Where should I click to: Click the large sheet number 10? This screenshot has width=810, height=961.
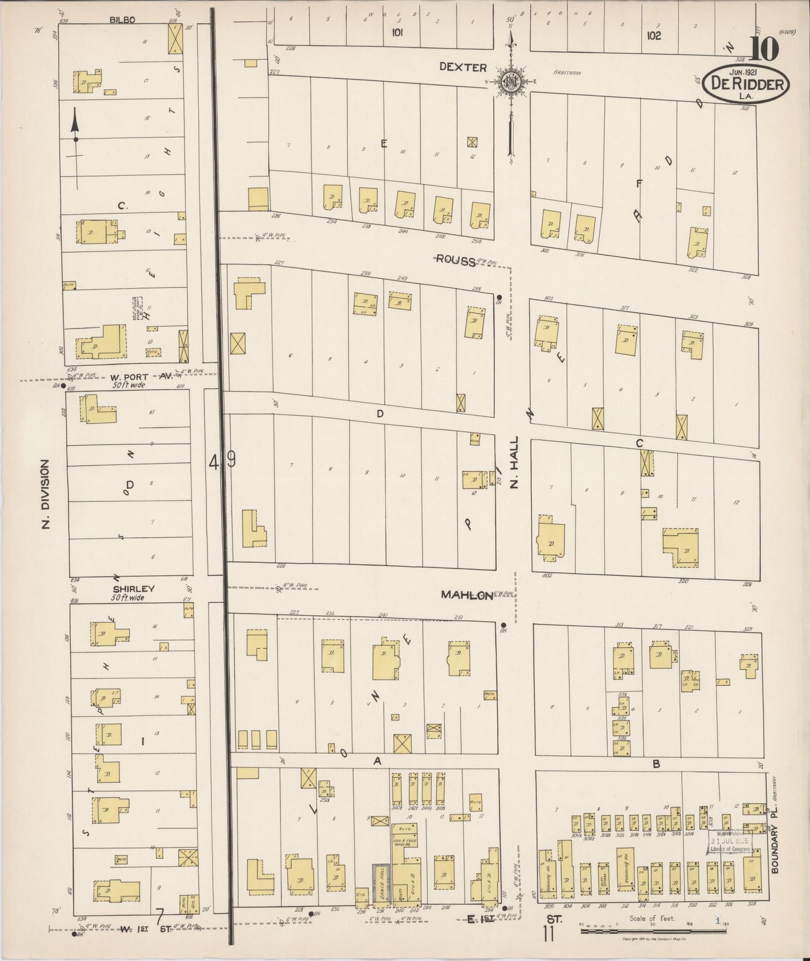[764, 50]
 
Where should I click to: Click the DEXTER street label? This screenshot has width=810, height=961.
[462, 67]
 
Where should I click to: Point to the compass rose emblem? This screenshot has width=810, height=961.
[511, 81]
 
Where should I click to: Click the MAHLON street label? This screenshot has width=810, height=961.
[466, 595]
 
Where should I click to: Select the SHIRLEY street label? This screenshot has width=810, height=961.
[133, 589]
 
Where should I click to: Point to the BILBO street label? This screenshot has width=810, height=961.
[122, 20]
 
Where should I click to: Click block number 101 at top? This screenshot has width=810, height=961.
[397, 33]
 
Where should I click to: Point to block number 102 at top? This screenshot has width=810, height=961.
[653, 35]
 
